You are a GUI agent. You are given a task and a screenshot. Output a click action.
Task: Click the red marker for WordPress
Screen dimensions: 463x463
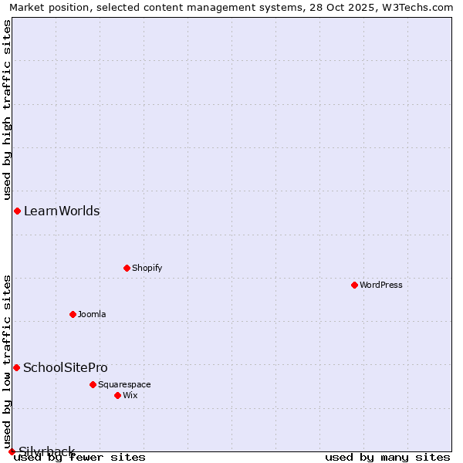pyautogui.click(x=354, y=285)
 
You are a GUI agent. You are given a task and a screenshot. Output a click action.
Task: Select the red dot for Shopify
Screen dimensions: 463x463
pyautogui.click(x=127, y=268)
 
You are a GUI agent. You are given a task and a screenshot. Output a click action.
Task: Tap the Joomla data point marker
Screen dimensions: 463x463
pyautogui.click(x=73, y=314)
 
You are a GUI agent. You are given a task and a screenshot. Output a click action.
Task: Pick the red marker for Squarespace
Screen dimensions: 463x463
pyautogui.click(x=93, y=384)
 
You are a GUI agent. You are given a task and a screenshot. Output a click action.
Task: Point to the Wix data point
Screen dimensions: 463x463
pyautogui.click(x=117, y=395)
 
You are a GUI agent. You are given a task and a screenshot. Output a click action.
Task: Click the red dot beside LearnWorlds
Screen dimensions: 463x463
pyautogui.click(x=17, y=211)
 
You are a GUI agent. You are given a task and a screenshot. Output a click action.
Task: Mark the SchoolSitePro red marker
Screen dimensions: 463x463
pyautogui.click(x=16, y=367)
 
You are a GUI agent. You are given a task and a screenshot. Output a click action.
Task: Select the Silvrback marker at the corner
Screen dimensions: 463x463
pyautogui.click(x=12, y=451)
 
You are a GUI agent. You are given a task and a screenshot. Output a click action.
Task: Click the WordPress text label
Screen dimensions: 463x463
pyautogui.click(x=380, y=285)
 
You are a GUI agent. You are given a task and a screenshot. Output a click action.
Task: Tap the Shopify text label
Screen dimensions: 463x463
pyautogui.click(x=147, y=268)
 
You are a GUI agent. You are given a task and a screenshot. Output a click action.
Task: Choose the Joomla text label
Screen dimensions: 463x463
pyautogui.click(x=92, y=314)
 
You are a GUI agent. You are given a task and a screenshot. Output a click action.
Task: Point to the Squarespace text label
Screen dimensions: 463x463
pyautogui.click(x=124, y=384)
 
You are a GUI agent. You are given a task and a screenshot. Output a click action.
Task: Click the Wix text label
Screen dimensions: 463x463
pyautogui.click(x=130, y=395)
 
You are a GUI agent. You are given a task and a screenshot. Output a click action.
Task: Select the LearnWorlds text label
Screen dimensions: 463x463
pyautogui.click(x=62, y=211)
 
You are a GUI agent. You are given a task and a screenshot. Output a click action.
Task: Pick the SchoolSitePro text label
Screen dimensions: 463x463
pyautogui.click(x=66, y=367)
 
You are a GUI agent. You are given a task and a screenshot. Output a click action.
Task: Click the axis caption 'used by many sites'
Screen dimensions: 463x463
pyautogui.click(x=387, y=458)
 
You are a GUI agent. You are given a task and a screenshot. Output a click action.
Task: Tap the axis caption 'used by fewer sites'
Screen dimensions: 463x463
pyautogui.click(x=80, y=458)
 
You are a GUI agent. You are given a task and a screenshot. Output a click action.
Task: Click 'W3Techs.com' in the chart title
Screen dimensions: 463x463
pyautogui.click(x=421, y=7)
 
